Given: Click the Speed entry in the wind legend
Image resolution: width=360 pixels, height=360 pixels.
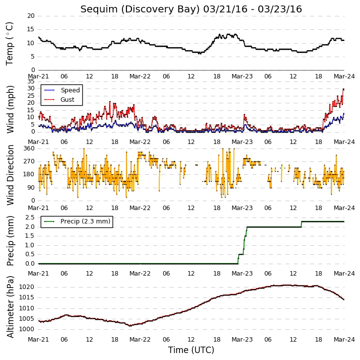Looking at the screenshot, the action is point(70,90).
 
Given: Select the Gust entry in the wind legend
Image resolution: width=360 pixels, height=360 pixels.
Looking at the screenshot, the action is point(67,99).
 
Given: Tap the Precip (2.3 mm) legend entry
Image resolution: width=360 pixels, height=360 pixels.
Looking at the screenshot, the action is point(85,221).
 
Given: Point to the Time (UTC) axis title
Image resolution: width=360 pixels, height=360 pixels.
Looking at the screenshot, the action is point(191,350).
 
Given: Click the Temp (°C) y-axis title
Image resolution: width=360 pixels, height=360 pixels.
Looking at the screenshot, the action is point(9,44).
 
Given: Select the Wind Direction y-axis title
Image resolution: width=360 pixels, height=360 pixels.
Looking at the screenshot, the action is point(10,175).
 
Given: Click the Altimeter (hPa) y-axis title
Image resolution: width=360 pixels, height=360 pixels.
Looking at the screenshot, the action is point(10,307).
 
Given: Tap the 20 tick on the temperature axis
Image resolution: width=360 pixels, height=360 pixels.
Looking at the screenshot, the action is point(31,16).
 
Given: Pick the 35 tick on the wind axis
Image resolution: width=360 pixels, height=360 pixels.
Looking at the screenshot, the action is point(31,81).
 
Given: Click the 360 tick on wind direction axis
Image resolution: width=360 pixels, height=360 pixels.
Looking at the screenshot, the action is point(29,148).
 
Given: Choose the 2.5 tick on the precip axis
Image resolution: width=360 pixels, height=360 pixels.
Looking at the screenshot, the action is point(30,217).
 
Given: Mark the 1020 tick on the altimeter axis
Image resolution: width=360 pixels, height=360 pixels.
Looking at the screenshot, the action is point(27,287).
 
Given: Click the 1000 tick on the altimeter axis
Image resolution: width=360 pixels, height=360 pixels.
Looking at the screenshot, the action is point(27,329).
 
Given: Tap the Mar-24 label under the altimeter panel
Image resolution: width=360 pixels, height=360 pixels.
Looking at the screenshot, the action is point(344,340).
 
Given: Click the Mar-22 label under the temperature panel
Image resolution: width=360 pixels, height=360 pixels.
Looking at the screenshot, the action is point(140,76).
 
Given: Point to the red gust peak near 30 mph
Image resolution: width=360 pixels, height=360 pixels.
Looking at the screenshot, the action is point(344,89).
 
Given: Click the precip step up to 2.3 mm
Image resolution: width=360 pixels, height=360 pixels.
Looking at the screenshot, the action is point(301,224).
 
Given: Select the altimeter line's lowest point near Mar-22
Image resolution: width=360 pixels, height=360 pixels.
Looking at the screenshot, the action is point(130,326).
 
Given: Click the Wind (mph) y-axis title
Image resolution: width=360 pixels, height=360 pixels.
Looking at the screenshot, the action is point(10,109).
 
